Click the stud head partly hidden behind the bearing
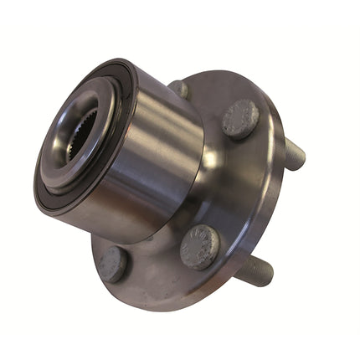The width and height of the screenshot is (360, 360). pyautogui.click(x=179, y=88)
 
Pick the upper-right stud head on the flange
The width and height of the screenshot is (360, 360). pyautogui.click(x=240, y=118)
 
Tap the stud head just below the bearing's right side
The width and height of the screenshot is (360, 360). pyautogui.click(x=201, y=247)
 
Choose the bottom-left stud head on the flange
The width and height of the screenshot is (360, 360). pyautogui.click(x=112, y=265)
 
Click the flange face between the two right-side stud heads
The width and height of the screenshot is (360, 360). pyautogui.click(x=234, y=184)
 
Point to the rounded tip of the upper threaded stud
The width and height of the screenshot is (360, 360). pyautogui.click(x=301, y=157)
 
